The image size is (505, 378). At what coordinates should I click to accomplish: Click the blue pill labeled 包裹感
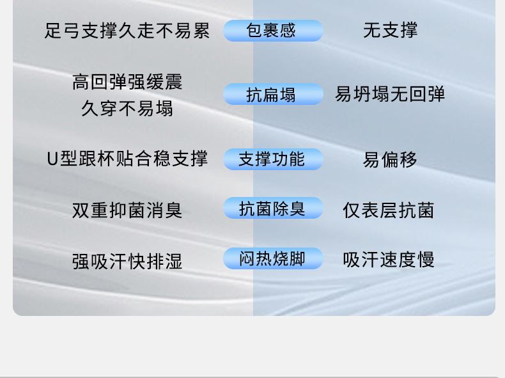[273, 31]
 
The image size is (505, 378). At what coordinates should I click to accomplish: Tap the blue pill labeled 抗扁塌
[273, 94]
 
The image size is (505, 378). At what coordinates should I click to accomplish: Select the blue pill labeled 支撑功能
[273, 159]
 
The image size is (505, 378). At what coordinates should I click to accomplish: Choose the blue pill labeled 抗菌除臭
[273, 208]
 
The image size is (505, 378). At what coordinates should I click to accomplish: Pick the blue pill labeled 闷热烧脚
[273, 258]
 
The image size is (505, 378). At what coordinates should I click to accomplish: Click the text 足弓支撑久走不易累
[127, 31]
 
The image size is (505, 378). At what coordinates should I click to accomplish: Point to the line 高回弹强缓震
[127, 82]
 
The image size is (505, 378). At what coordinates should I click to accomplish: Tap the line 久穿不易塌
[127, 108]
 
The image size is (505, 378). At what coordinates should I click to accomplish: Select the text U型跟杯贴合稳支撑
[127, 159]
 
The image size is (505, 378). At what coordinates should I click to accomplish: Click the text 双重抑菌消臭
[127, 210]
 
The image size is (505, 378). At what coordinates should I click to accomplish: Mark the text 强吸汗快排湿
[127, 261]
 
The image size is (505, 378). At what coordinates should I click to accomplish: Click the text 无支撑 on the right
[391, 30]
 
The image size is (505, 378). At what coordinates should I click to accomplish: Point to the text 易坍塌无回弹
[390, 94]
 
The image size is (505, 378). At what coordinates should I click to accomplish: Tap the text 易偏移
[390, 160]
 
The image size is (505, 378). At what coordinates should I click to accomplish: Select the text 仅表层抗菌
[389, 210]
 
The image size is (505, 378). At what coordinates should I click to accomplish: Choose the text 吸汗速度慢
[389, 260]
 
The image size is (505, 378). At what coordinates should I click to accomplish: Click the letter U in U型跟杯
[52, 159]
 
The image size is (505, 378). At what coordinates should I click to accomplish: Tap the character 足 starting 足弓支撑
[53, 31]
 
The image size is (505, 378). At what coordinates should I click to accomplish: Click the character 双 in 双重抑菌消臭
[81, 210]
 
